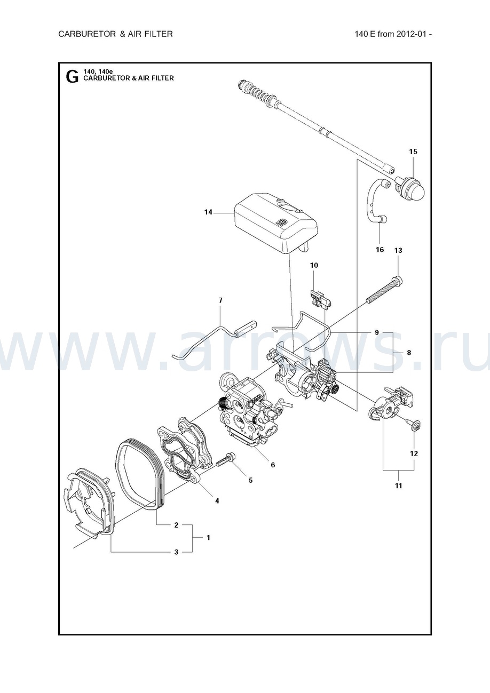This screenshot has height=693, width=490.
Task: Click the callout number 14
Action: pos(208,212)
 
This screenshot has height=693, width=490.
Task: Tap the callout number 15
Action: pos(413,152)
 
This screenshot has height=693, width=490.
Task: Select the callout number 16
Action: pos(380,250)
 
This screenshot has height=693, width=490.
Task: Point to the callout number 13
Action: pos(398,250)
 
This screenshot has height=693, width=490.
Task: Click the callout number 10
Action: pos(314,265)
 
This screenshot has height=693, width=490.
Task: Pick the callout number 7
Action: pos(220,301)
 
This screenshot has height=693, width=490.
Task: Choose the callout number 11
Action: pos(399,486)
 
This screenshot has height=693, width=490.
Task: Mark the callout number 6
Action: pos(273,465)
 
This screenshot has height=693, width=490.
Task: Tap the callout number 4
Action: pos(217,500)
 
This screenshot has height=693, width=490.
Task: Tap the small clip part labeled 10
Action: pos(321,299)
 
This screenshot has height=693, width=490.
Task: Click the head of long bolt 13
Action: pos(397,279)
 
